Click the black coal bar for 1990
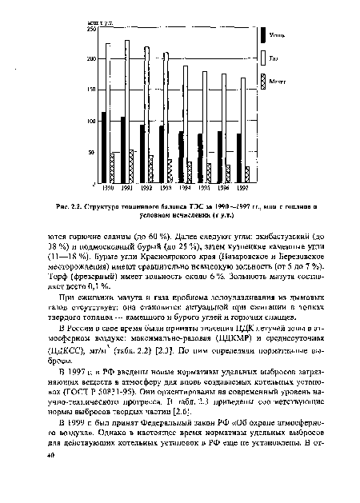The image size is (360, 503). [104, 147]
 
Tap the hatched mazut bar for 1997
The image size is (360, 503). [247, 174]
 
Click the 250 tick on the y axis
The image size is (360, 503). [90, 29]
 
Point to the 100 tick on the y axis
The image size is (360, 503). [90, 122]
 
